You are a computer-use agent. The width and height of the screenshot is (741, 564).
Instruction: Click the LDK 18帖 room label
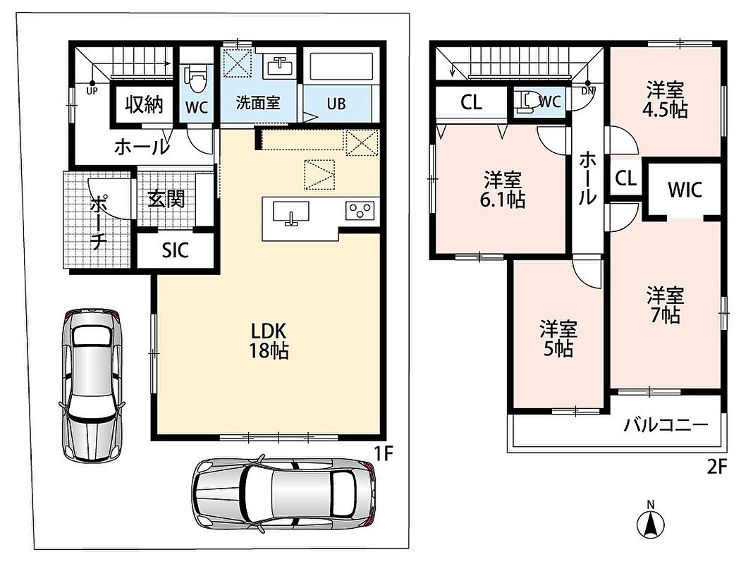269,341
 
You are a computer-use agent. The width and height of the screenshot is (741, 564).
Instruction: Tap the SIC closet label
176,250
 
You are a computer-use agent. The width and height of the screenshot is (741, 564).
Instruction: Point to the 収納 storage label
144,104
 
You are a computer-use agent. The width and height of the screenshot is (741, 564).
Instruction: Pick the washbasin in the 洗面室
281,66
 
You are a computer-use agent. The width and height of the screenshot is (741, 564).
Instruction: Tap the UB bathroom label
336,104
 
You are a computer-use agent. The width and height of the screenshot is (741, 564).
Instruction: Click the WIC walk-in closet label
685,190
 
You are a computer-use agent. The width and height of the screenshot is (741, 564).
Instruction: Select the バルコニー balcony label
666,425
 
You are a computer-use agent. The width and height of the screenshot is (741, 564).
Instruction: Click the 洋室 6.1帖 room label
503,190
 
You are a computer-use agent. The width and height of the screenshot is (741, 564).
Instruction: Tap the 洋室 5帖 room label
558,338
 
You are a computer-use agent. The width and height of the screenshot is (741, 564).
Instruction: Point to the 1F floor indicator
384,454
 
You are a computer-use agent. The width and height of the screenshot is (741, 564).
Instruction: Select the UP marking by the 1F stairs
92,91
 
